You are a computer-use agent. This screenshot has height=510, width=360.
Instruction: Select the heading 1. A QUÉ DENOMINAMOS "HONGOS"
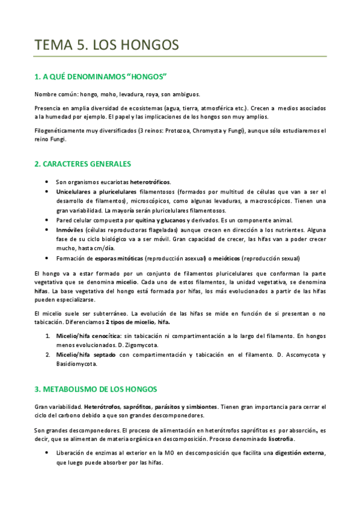(100, 77)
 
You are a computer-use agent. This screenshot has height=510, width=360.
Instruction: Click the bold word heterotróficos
(150, 182)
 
